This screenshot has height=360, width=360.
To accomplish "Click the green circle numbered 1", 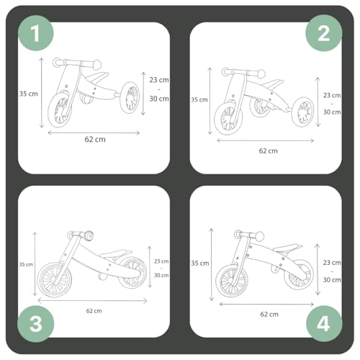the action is [36, 33].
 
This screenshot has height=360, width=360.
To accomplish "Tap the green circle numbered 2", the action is [323, 33].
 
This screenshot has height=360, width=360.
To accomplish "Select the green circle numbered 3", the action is [36, 324].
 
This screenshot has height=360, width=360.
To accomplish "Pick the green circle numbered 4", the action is [324, 324].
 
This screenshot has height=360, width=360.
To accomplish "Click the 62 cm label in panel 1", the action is [95, 140].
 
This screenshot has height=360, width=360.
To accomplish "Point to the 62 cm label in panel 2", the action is [268, 151].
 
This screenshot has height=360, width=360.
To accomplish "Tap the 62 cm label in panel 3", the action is [94, 311].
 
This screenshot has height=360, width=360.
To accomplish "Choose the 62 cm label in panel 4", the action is [269, 315].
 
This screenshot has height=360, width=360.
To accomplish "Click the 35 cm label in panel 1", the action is [29, 94].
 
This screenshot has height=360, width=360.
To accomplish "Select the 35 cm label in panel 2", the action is [199, 99].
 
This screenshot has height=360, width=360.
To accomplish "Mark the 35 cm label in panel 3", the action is [26, 264].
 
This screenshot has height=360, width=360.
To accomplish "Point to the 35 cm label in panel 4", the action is [200, 264].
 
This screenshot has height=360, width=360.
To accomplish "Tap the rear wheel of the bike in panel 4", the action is [299, 274].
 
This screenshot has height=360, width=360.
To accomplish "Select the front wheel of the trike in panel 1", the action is [60, 110].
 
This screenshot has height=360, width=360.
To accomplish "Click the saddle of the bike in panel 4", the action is [287, 248].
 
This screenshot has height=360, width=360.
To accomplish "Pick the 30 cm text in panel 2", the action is [332, 112].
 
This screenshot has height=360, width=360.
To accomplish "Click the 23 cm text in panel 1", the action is [159, 80].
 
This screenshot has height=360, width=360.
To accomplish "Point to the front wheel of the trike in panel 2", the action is [228, 117].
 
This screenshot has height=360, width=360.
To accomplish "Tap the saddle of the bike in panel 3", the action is [116, 253].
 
